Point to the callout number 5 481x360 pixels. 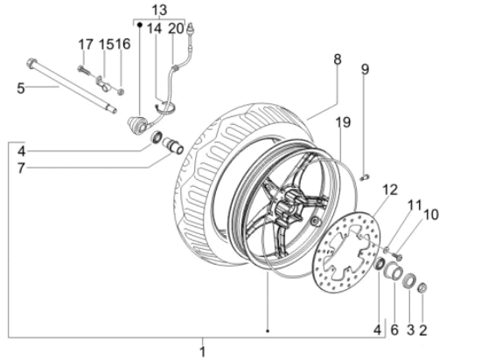point(21,87)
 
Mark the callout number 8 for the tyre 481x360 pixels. point(337,59)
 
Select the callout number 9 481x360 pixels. point(366,68)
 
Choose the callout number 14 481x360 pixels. point(154,28)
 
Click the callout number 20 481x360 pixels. point(177,28)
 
